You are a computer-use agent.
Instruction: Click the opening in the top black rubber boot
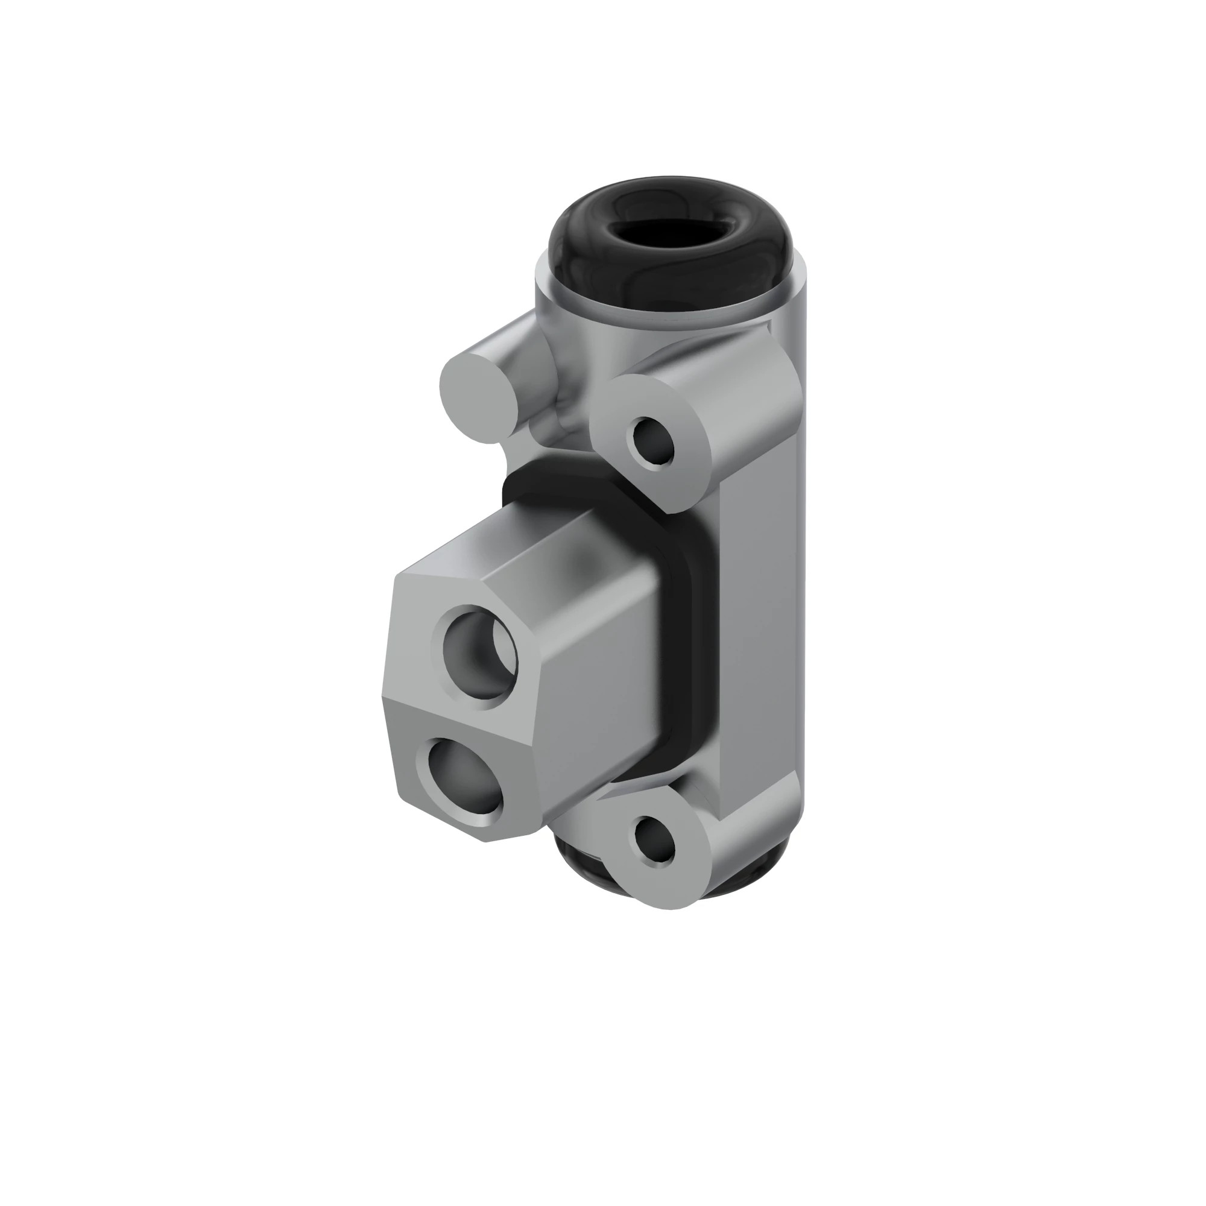click(x=670, y=230)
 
